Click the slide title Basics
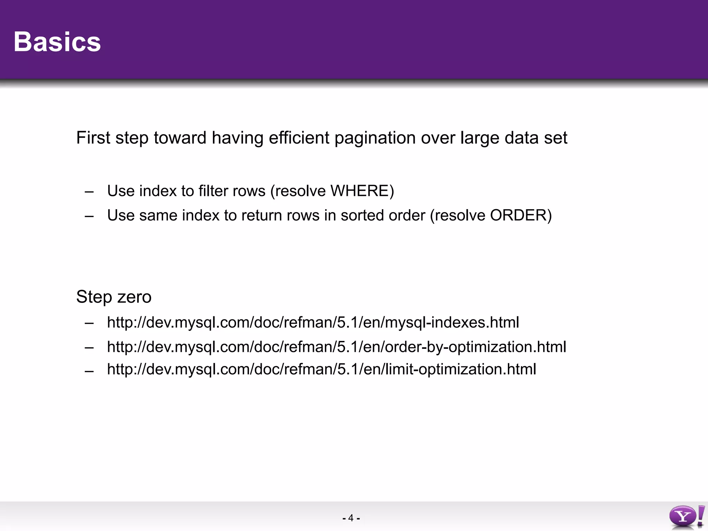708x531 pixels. coord(57,42)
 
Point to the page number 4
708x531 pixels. coord(351,518)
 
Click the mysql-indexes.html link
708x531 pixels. coord(313,323)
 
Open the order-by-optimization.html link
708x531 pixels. coord(336,347)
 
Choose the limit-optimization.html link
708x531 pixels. coord(322,369)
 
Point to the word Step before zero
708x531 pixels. coord(94,297)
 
